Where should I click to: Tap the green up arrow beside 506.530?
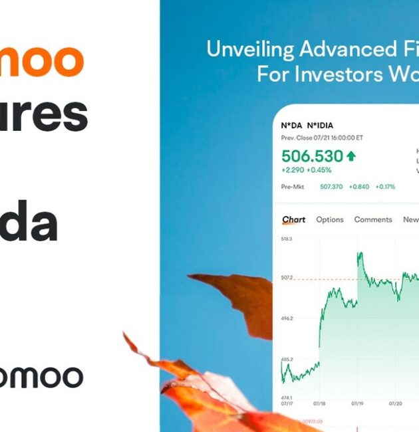click(350, 156)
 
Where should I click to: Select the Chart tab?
click(294, 220)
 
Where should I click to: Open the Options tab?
click(330, 220)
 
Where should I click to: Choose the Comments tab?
click(373, 220)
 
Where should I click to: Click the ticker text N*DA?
click(291, 126)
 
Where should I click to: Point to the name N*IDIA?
click(320, 126)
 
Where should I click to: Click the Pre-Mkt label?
click(293, 187)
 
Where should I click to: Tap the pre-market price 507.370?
click(331, 187)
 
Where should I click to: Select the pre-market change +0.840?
click(360, 187)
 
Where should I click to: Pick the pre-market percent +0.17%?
click(385, 187)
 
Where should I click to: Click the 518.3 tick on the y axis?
click(287, 239)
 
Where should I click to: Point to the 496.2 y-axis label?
click(287, 318)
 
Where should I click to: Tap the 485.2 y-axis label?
click(287, 360)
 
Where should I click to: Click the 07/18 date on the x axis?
click(319, 403)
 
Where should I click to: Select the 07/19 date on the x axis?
click(357, 403)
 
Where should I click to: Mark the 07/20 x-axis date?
click(395, 403)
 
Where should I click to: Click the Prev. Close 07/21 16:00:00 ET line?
click(322, 138)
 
